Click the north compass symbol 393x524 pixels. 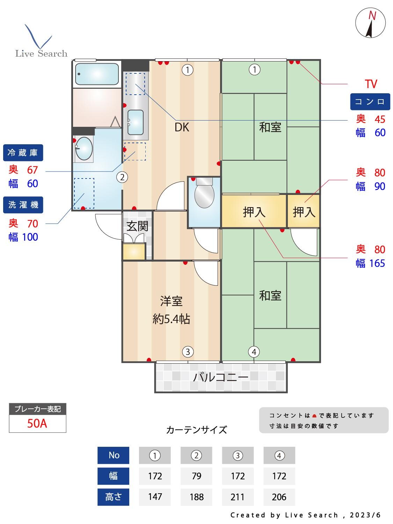pyautogui.click(x=370, y=23)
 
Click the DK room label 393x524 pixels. pyautogui.click(x=182, y=127)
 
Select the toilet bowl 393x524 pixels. pyautogui.click(x=204, y=196)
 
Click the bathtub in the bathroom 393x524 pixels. pyautogui.click(x=97, y=74)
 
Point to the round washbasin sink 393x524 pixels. pyautogui.click(x=84, y=148)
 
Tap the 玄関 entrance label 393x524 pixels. pyautogui.click(x=137, y=226)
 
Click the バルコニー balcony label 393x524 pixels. pyautogui.click(x=221, y=377)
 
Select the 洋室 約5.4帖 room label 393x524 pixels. pyautogui.click(x=171, y=310)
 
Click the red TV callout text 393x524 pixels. pyautogui.click(x=371, y=84)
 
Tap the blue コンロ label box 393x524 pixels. pyautogui.click(x=370, y=102)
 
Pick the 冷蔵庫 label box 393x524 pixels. pyautogui.click(x=23, y=153)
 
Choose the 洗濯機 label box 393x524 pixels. pyautogui.click(x=23, y=205)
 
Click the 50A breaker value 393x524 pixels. pyautogui.click(x=37, y=423)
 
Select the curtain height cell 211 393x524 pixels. pyautogui.click(x=238, y=497)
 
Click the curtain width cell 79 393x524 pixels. pyautogui.click(x=196, y=476)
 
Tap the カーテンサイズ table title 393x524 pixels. pyautogui.click(x=196, y=430)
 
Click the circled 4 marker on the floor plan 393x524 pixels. pyautogui.click(x=254, y=352)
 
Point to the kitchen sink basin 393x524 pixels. pyautogui.click(x=135, y=122)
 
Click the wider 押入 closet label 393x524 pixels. pyautogui.click(x=254, y=212)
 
